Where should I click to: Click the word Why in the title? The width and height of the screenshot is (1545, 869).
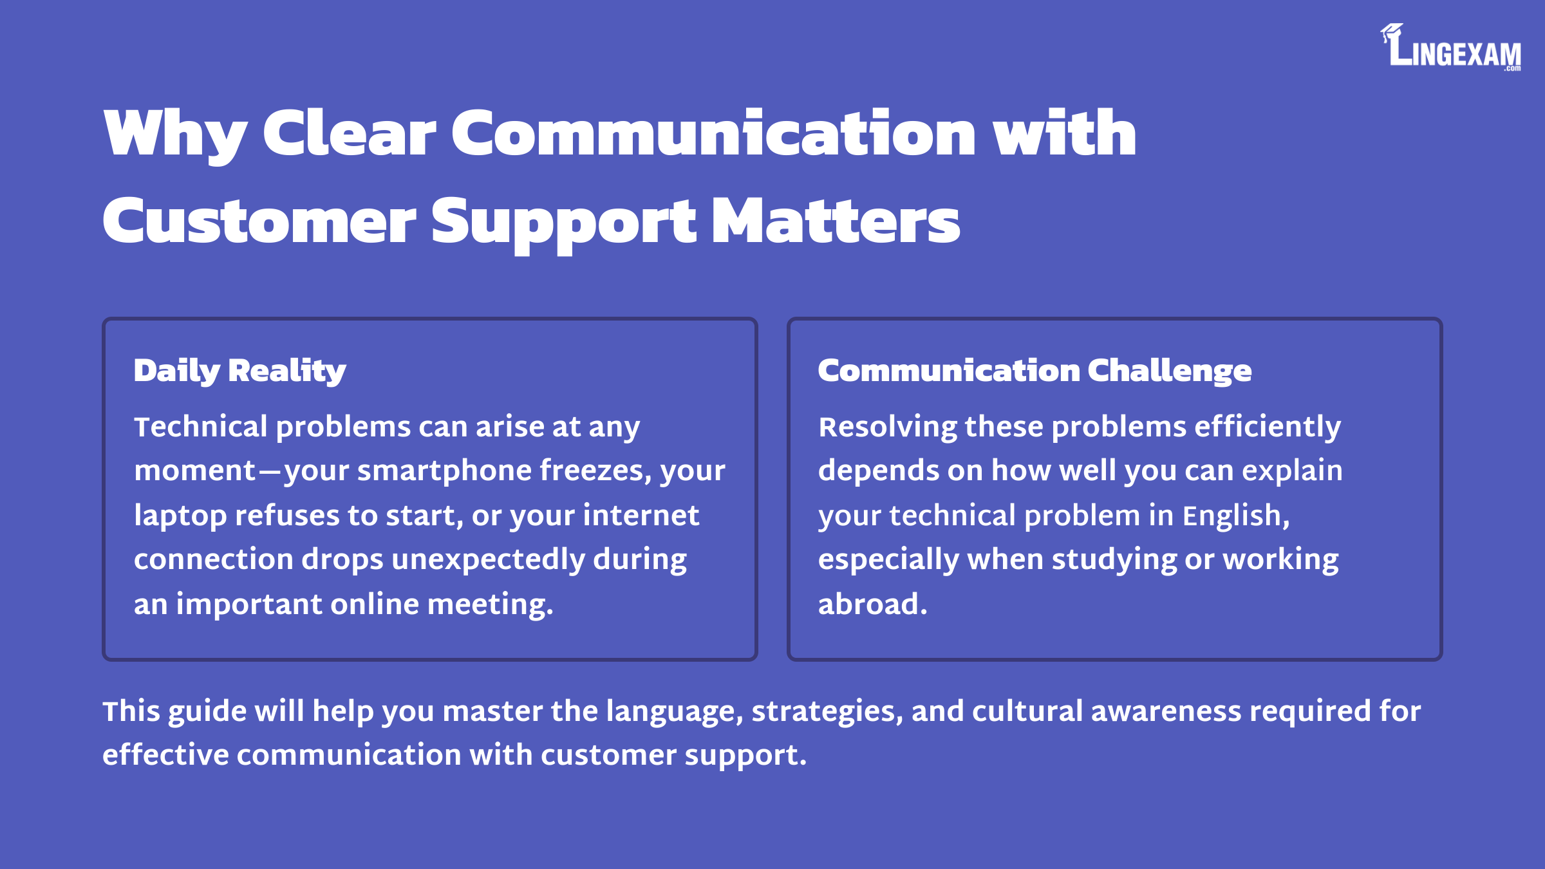click(x=175, y=134)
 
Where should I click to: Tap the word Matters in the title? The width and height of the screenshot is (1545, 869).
click(x=836, y=221)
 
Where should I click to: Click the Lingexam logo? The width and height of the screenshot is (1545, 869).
click(x=1451, y=47)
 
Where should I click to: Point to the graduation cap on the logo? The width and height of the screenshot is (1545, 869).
click(x=1391, y=32)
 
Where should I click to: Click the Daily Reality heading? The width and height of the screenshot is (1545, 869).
click(x=240, y=371)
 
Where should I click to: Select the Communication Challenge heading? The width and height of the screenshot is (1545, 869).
click(x=1035, y=371)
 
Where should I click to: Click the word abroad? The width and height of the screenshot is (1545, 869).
click(x=873, y=604)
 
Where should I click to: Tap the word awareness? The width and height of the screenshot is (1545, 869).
click(x=1166, y=711)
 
